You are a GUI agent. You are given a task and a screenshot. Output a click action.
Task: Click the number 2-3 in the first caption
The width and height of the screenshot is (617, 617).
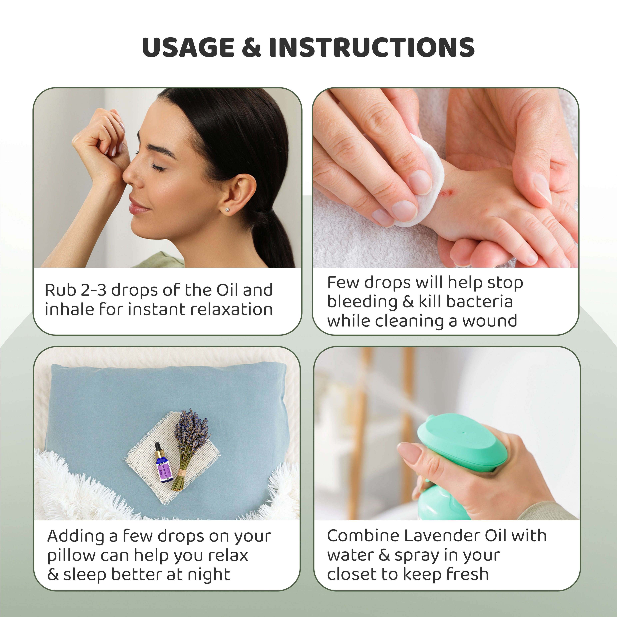point(93,290)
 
